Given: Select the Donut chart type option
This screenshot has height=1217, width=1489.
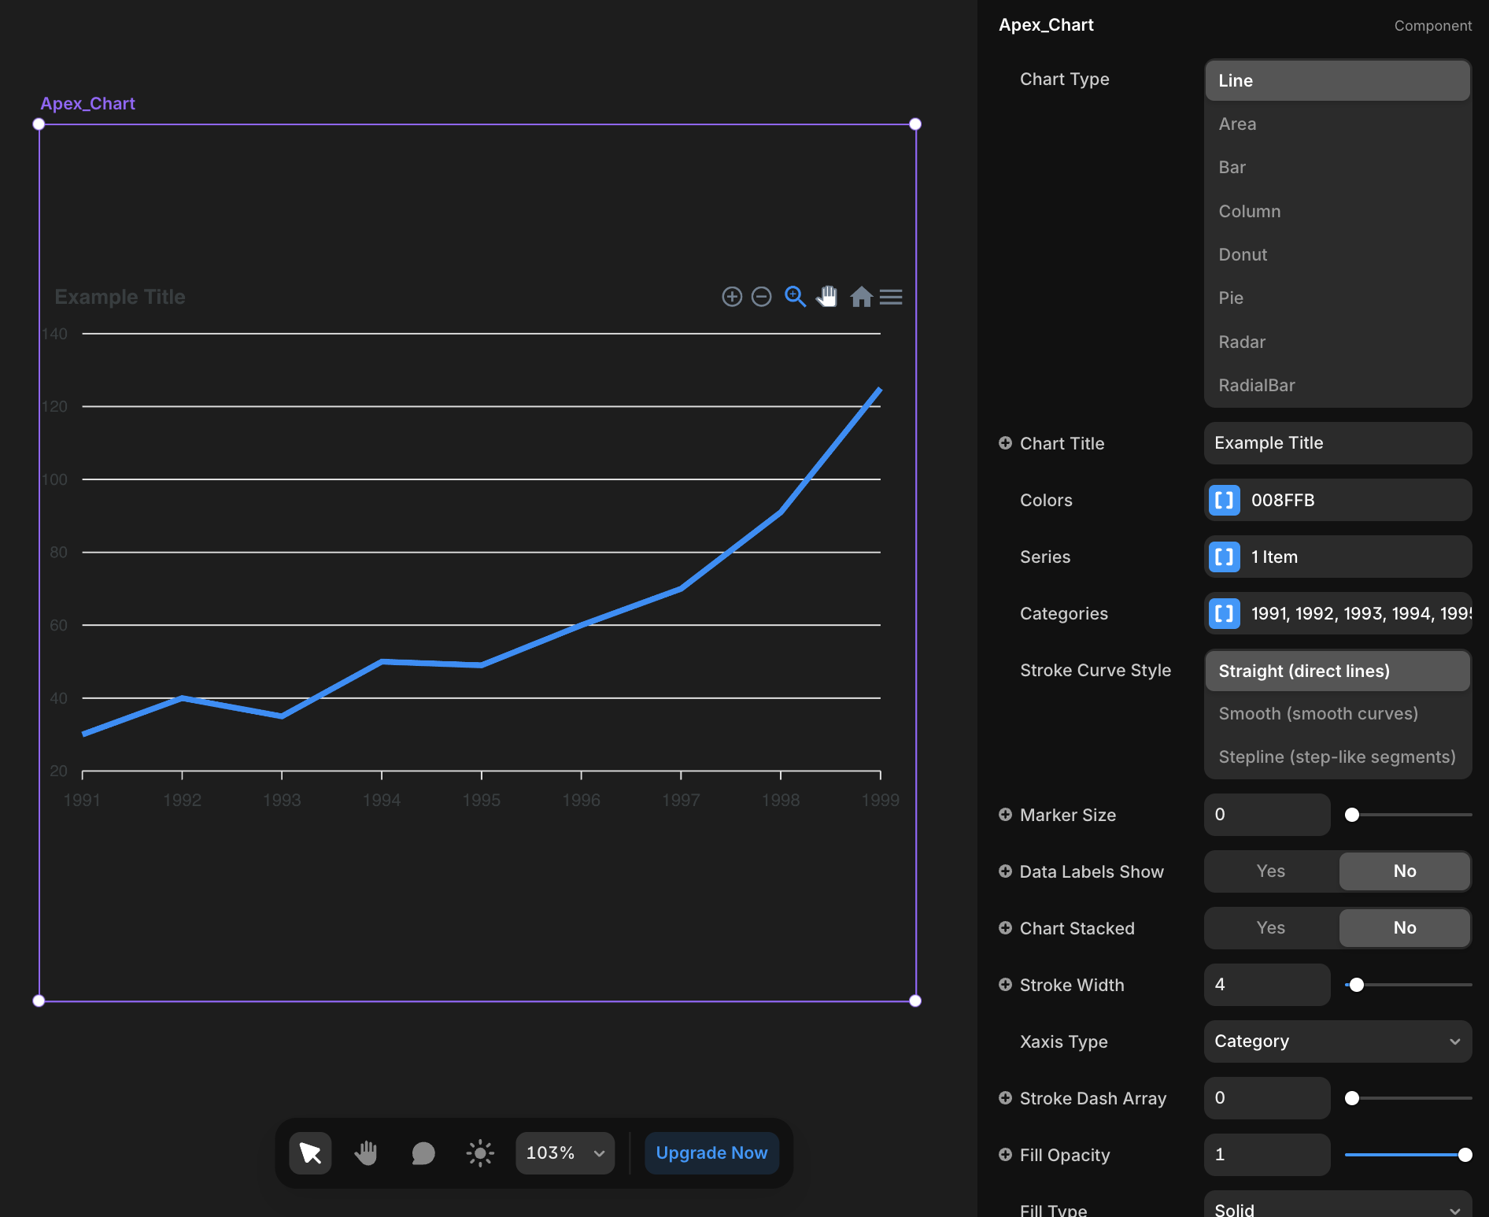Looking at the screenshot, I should (x=1243, y=254).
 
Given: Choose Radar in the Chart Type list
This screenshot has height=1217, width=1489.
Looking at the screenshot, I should (x=1242, y=342).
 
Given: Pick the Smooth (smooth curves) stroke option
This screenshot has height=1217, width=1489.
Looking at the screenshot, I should (x=1318, y=713).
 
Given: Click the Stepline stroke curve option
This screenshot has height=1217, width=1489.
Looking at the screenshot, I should (x=1336, y=756).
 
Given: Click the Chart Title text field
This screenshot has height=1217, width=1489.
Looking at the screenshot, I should (x=1337, y=443).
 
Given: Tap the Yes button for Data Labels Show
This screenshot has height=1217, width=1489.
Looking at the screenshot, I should (x=1270, y=871).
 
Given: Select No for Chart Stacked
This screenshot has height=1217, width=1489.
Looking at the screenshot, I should (x=1404, y=927).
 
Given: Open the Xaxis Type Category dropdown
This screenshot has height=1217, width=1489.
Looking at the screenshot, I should (x=1337, y=1041).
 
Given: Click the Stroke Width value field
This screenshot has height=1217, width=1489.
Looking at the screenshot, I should (x=1266, y=984).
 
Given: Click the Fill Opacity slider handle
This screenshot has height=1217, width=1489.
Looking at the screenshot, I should (x=1465, y=1155).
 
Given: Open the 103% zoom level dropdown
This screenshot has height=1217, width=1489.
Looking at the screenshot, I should (x=564, y=1152).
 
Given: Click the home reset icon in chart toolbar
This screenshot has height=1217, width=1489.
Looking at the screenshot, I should (x=861, y=297).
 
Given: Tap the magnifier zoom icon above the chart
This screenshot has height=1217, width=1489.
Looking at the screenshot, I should (x=795, y=297).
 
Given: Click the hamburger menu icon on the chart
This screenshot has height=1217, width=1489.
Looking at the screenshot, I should (x=891, y=297).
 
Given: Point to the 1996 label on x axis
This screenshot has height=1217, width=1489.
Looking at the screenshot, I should (x=581, y=800).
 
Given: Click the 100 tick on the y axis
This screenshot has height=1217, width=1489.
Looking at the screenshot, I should (x=55, y=479).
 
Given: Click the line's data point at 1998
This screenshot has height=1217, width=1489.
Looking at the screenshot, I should (x=780, y=512).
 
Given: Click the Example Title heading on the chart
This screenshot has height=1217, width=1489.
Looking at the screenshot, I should (x=120, y=297).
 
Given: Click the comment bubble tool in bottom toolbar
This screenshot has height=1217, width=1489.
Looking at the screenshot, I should (x=423, y=1153).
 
